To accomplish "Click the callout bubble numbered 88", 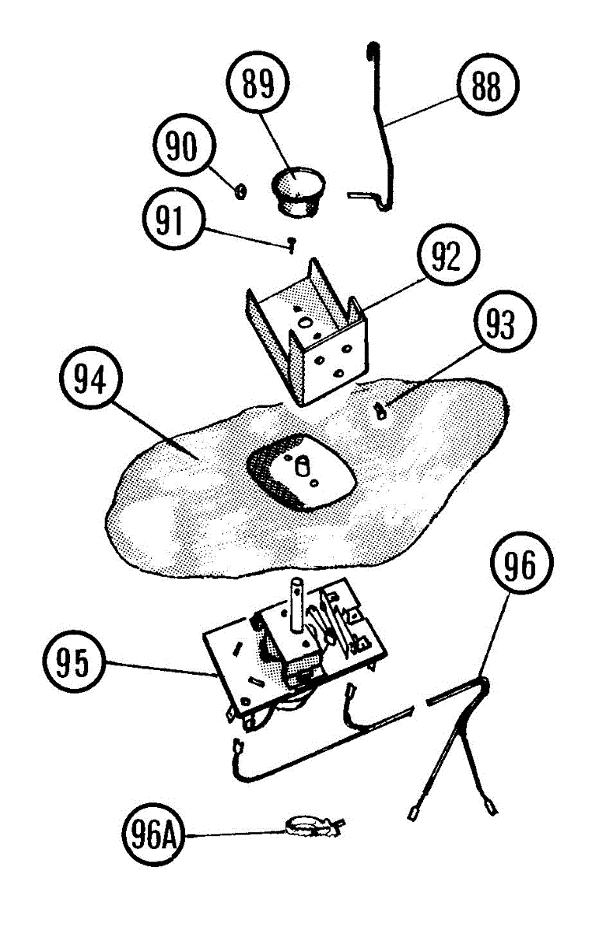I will click(486, 88).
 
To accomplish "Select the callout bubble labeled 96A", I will click(150, 837).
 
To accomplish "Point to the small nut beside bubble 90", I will click(241, 189).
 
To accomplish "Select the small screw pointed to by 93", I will click(380, 409).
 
